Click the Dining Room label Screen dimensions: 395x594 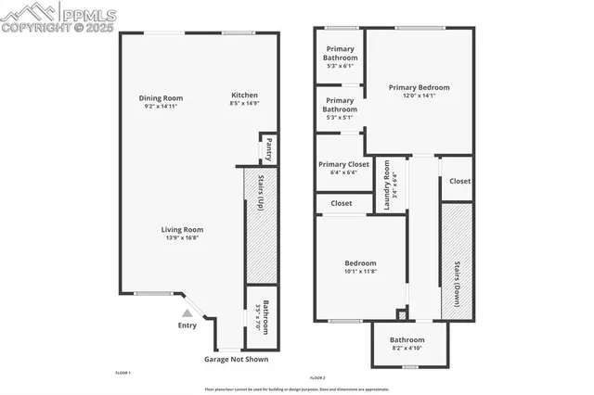tap(161, 98)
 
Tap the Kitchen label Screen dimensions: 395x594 tap(244, 96)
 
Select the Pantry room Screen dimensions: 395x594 tap(268, 148)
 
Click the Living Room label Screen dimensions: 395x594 tap(182, 230)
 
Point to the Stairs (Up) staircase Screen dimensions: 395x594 tap(261, 225)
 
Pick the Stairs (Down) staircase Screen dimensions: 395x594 tap(456, 262)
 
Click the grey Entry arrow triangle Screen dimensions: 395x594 tap(187, 313)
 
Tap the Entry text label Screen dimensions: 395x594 tap(187, 325)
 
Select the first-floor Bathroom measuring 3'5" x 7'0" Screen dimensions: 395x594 tap(265, 318)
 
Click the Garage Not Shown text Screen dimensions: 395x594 tap(236, 359)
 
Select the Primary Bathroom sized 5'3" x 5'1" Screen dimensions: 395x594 tap(340, 108)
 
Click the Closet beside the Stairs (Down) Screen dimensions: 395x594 tap(459, 182)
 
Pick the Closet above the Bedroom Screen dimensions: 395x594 tap(341, 203)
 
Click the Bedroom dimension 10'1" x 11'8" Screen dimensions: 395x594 tap(358, 273)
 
